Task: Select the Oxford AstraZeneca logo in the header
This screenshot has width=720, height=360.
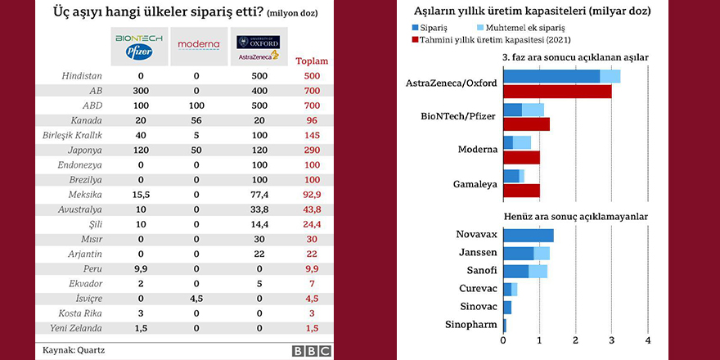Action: point(257,47)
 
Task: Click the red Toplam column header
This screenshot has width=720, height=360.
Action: point(311,61)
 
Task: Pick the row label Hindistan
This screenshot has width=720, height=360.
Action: point(81,76)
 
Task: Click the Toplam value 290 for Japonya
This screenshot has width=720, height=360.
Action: point(311,151)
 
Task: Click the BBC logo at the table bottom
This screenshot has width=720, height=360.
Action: point(313,350)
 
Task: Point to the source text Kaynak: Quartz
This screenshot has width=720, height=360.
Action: point(74,350)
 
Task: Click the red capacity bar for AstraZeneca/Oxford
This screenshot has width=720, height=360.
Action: point(556,91)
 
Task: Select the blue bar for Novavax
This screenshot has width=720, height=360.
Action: point(528,235)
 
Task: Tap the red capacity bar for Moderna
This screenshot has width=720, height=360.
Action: point(521,157)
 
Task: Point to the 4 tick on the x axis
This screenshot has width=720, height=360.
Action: point(648,340)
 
